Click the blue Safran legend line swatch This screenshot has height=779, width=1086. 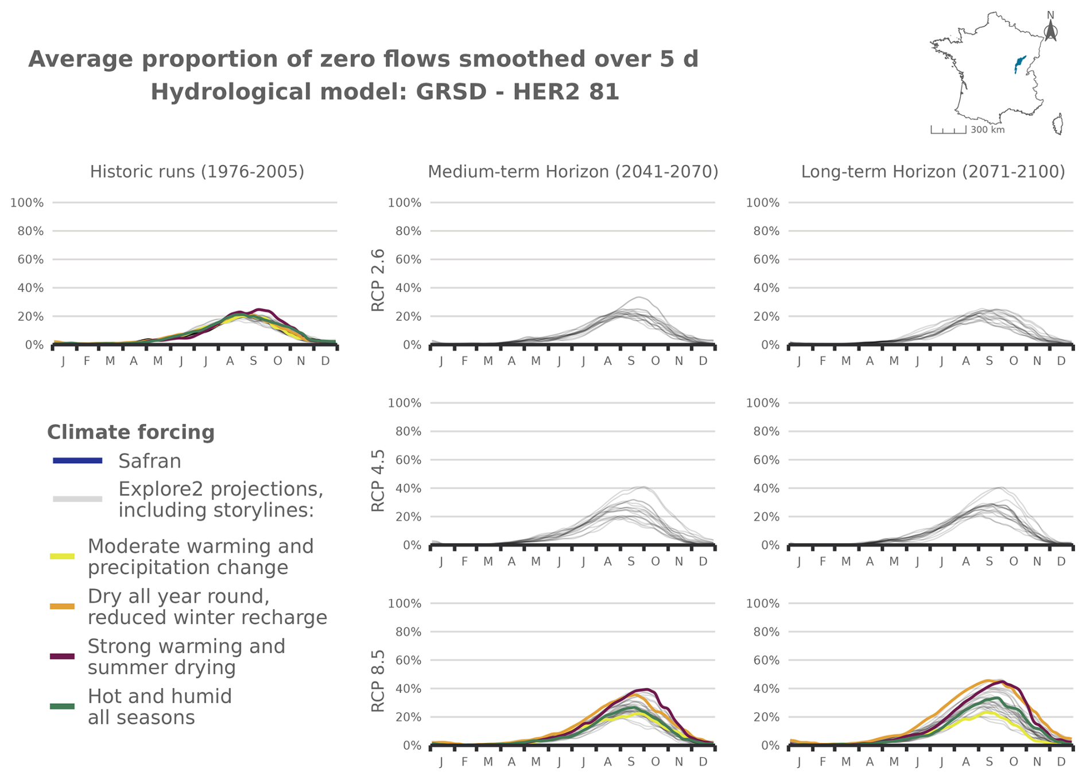[x=77, y=460]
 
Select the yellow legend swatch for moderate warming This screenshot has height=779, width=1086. [x=62, y=556]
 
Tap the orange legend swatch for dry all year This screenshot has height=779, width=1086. [x=62, y=606]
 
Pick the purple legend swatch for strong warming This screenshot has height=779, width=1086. [x=62, y=656]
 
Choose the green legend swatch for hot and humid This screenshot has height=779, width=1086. [x=62, y=706]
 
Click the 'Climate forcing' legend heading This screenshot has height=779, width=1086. [x=131, y=432]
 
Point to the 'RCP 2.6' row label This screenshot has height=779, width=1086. [x=378, y=280]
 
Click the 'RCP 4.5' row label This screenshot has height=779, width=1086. [x=378, y=480]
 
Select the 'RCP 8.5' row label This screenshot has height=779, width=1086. [x=378, y=681]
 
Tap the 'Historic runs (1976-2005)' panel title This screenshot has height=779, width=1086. [x=197, y=172]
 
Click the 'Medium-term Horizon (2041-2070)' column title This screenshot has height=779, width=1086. [x=573, y=172]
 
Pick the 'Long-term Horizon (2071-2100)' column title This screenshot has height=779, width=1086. [x=933, y=172]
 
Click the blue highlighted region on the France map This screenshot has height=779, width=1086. [x=1019, y=63]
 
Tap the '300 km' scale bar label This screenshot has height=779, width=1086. [x=987, y=130]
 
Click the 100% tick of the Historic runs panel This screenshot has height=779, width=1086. [x=27, y=203]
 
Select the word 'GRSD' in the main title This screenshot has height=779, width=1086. [x=451, y=92]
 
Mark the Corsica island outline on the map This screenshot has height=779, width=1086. [x=1058, y=124]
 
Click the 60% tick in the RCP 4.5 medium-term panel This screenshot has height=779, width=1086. [x=408, y=460]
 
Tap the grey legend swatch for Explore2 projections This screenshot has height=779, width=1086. [x=77, y=499]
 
